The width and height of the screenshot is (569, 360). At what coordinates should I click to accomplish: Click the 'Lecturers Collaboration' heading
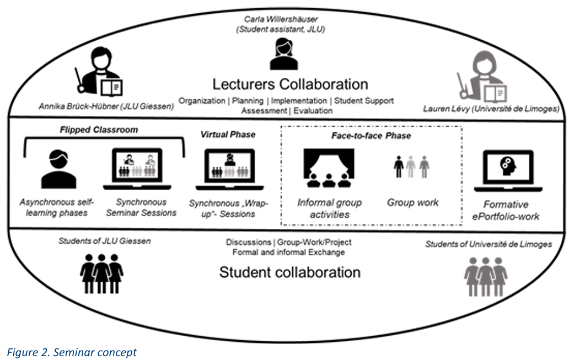[290, 84]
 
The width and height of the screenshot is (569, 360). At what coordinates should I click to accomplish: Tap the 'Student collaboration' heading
[289, 272]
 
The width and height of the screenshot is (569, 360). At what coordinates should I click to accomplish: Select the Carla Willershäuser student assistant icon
[284, 55]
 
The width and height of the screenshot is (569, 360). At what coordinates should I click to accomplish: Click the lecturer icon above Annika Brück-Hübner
[99, 72]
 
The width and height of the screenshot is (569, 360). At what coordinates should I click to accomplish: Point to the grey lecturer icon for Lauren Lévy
[482, 76]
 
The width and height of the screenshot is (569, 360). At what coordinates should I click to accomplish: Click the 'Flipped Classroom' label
[99, 130]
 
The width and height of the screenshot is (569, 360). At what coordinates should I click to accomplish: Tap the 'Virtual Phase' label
[228, 135]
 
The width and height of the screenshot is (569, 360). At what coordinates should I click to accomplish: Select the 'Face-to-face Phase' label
[371, 136]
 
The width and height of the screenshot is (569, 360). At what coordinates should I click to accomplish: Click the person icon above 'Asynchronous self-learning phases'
[58, 169]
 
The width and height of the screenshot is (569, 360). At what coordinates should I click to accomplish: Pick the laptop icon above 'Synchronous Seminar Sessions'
[137, 169]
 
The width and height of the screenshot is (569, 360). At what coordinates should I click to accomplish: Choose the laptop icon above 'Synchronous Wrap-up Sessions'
[229, 169]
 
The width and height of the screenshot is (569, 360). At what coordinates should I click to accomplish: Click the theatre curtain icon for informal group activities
[329, 168]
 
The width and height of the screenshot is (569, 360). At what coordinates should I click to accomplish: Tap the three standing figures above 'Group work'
[411, 167]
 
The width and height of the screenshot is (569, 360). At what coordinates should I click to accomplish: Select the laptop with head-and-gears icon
[508, 170]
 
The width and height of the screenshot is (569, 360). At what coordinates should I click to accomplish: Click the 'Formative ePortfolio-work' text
[506, 211]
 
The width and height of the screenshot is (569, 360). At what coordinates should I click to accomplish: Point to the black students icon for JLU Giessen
[101, 273]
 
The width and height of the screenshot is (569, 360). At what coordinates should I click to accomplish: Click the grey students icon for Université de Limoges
[486, 277]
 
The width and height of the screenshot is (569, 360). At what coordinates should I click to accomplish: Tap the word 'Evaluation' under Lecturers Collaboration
[313, 111]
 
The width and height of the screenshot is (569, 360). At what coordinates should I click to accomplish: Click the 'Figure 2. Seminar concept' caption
[72, 352]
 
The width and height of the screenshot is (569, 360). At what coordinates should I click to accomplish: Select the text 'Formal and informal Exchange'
[288, 252]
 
